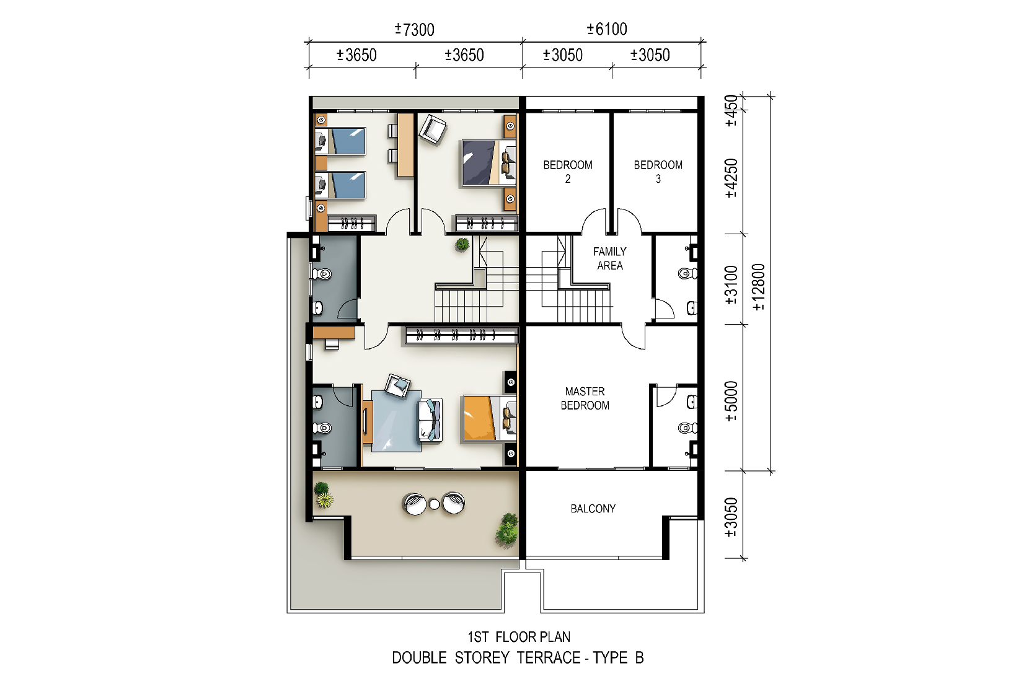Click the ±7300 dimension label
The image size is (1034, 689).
tap(414, 30)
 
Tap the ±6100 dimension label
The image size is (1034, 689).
tap(606, 29)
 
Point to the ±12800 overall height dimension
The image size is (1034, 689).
tap(758, 287)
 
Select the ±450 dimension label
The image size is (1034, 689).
tap(731, 110)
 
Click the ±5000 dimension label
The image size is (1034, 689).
tap(731, 401)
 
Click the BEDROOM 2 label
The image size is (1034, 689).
tap(568, 172)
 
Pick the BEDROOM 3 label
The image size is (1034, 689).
tap(658, 172)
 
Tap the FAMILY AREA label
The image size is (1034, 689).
tap(610, 258)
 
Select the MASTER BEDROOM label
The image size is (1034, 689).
tap(585, 398)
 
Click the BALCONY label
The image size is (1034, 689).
tap(593, 509)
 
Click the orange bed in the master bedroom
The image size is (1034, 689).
tap(489, 418)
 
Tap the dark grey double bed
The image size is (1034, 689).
tap(488, 163)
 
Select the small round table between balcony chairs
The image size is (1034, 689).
tap(434, 504)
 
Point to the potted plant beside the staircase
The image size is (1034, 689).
tap(462, 244)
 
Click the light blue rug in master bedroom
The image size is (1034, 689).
tap(396, 421)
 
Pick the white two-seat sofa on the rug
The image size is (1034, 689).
tap(430, 420)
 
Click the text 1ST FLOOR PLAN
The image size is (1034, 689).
tap(519, 638)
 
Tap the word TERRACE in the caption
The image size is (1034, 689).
tap(549, 657)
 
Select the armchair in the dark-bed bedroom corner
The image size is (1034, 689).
tap(433, 129)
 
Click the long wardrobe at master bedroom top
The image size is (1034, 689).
tap(462, 335)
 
